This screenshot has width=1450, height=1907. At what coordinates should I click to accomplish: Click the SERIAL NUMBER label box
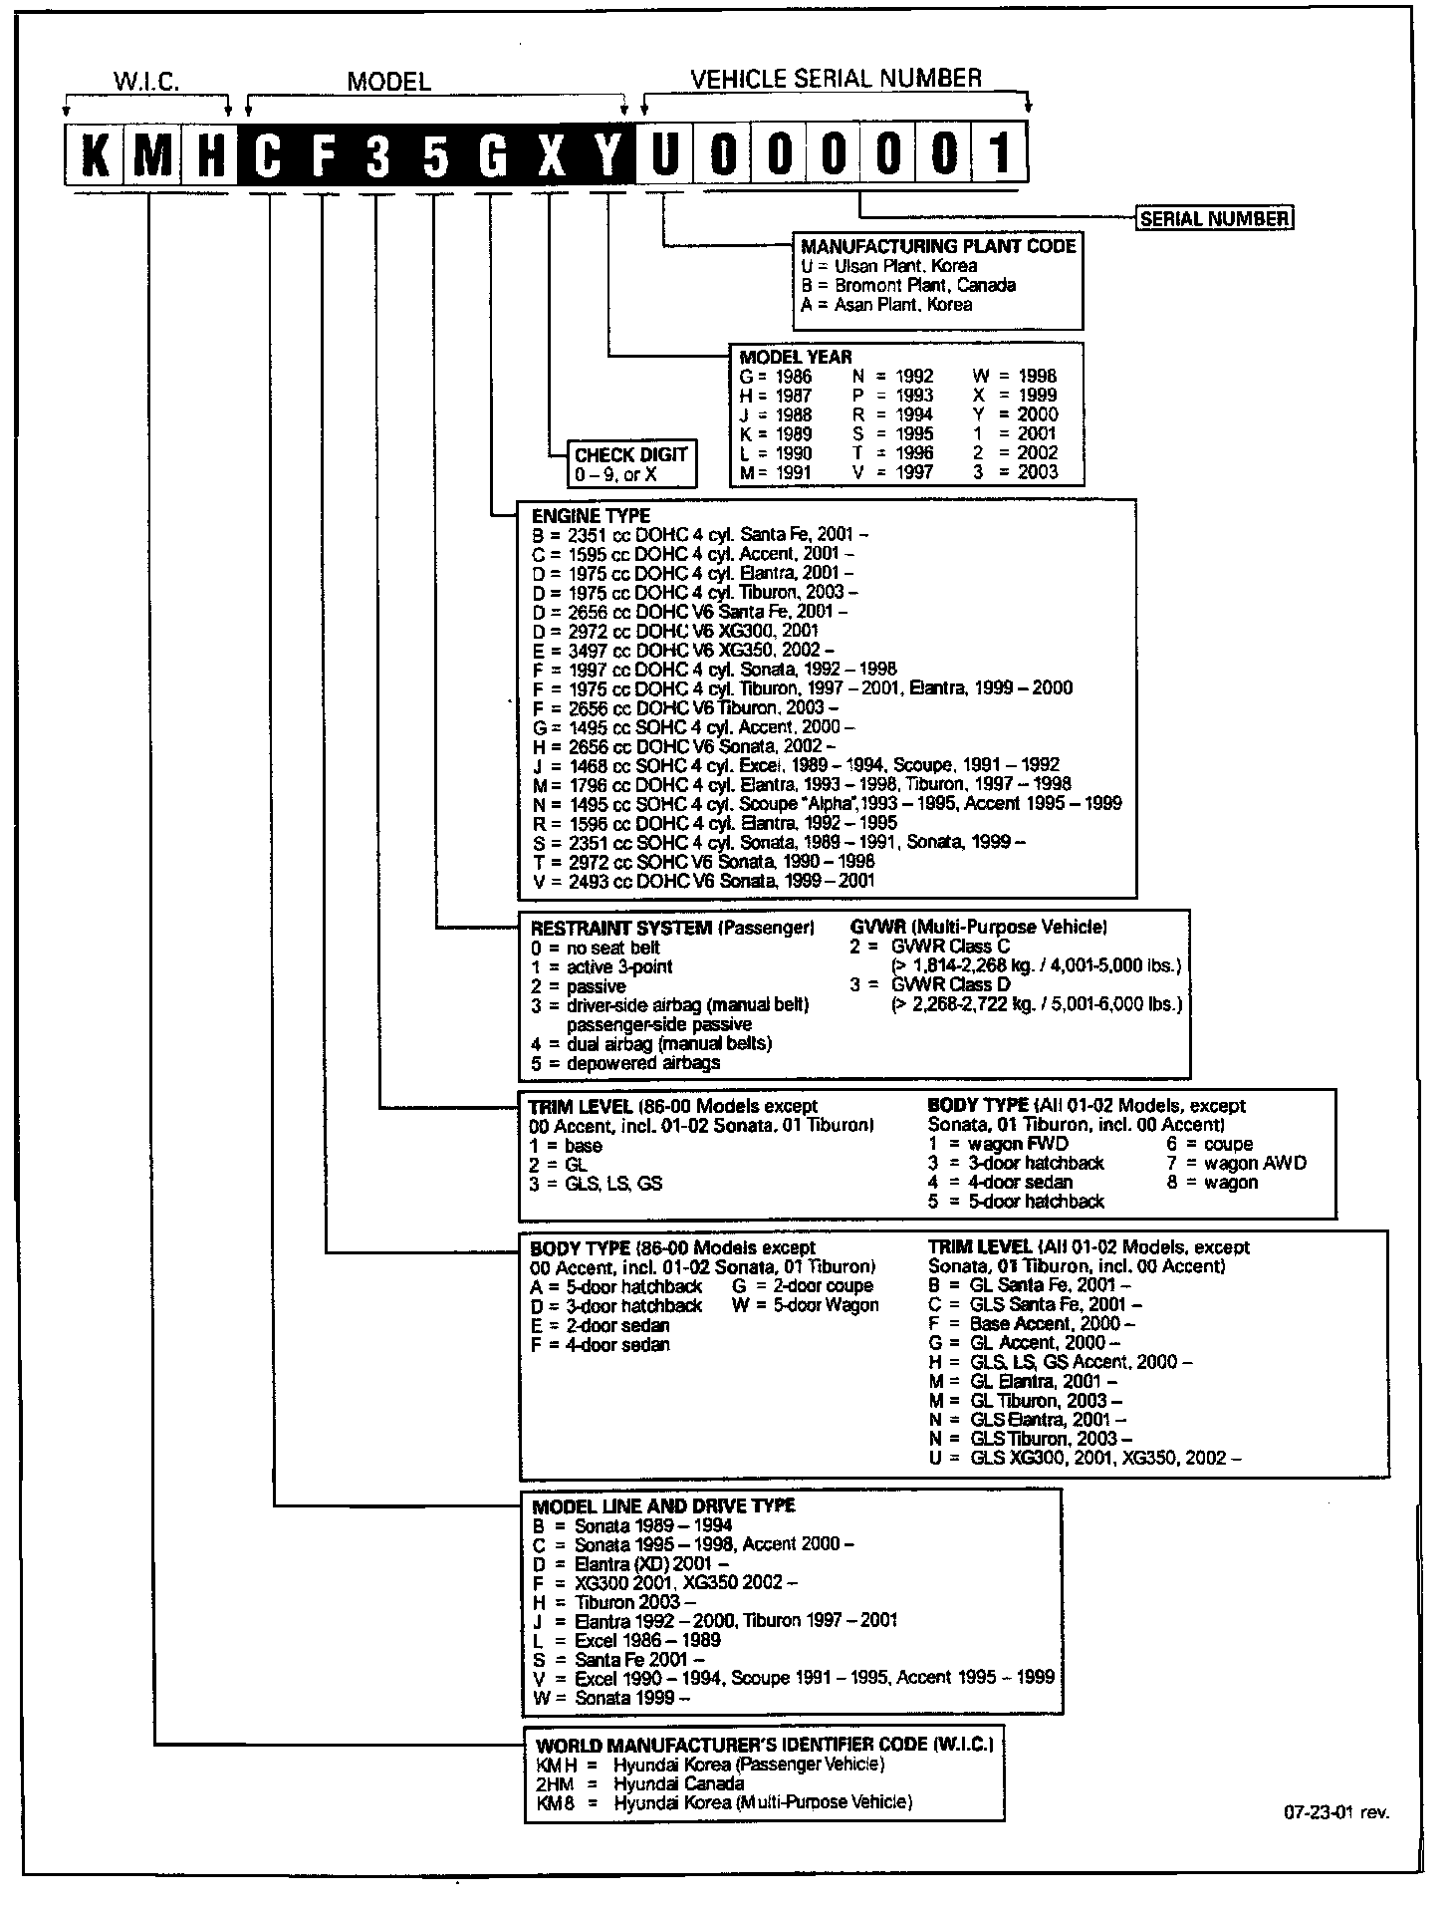(x=1214, y=219)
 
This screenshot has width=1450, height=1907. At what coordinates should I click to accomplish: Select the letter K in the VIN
(x=95, y=154)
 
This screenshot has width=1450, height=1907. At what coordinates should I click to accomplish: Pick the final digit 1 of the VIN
(x=999, y=154)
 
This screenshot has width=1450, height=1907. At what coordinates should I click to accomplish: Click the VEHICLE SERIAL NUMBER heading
(x=836, y=79)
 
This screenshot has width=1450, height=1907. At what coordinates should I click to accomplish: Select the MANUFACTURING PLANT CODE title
(x=938, y=246)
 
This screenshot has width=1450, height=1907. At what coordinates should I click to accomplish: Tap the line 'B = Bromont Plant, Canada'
(x=908, y=285)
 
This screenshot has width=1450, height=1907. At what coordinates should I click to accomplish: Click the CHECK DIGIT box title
(x=630, y=454)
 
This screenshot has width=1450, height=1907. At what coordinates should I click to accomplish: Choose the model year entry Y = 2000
(x=1015, y=414)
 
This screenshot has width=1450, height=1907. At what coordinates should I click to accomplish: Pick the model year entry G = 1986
(x=776, y=377)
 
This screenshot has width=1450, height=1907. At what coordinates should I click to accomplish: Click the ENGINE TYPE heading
(x=591, y=516)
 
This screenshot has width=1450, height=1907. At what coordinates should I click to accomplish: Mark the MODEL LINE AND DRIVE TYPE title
(x=663, y=1505)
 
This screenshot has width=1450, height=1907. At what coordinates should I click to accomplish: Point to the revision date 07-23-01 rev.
(x=1335, y=1812)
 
